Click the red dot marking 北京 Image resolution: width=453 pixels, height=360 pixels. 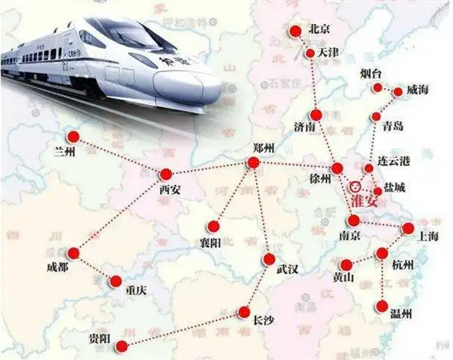pyautogui.click(x=296, y=30)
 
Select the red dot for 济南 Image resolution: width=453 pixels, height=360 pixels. pyautogui.click(x=316, y=115)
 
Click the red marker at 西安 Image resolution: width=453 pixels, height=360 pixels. pyautogui.click(x=166, y=173)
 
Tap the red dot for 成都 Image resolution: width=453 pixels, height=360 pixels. pyautogui.click(x=74, y=253)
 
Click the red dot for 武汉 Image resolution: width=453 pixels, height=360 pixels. pyautogui.click(x=270, y=260)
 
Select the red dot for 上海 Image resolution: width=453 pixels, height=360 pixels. pyautogui.click(x=408, y=227)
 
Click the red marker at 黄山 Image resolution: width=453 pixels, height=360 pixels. pyautogui.click(x=347, y=265)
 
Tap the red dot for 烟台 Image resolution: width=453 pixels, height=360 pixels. pyautogui.click(x=378, y=88)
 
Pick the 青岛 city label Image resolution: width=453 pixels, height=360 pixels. pyautogui.click(x=393, y=125)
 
